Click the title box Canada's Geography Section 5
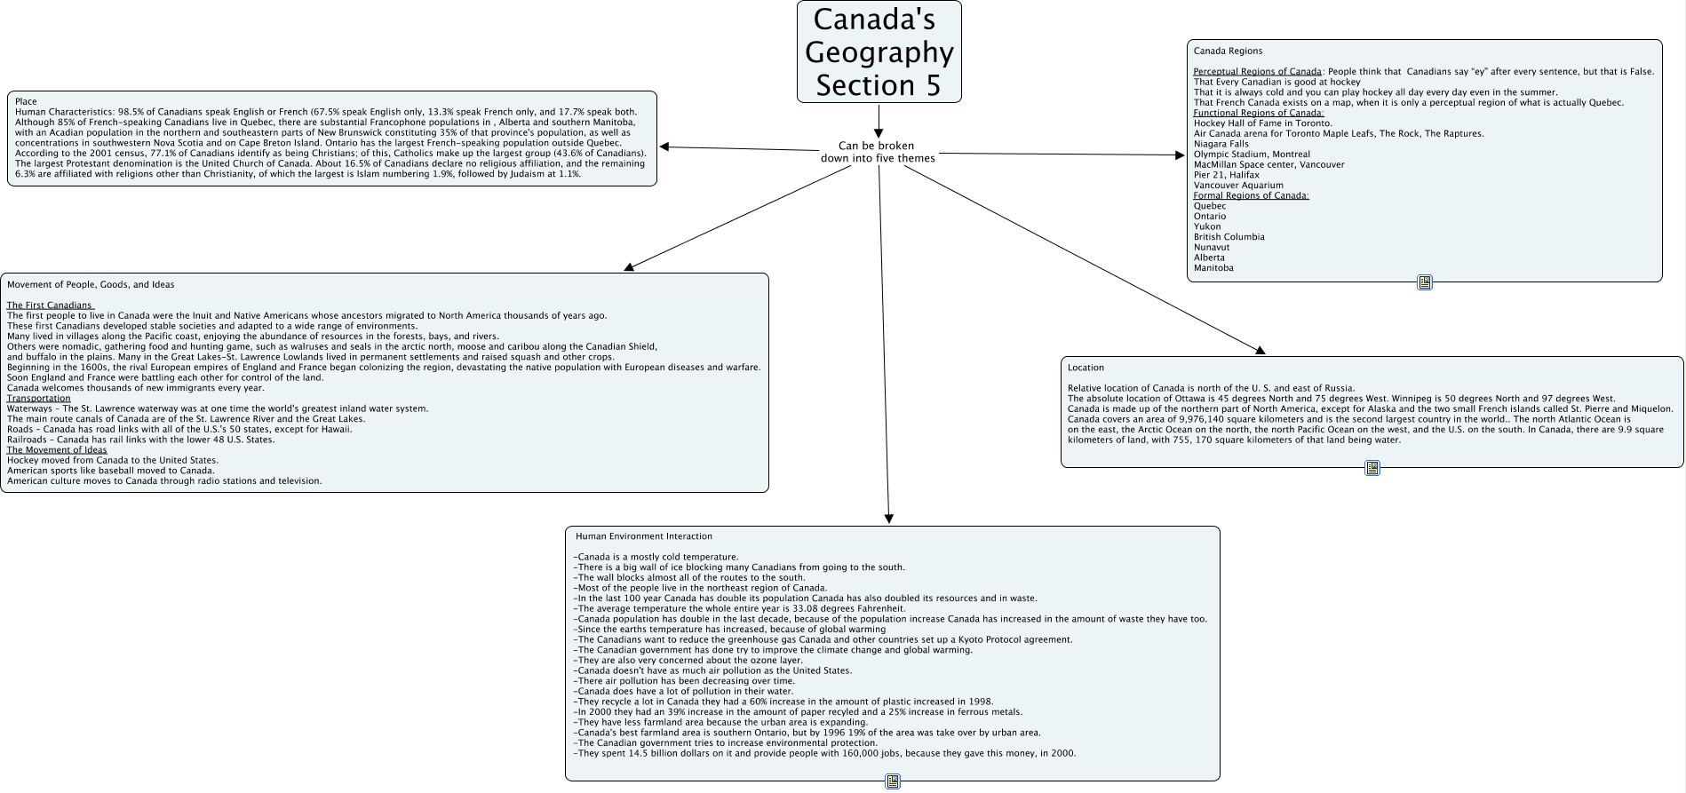(x=879, y=52)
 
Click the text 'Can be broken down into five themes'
(x=877, y=152)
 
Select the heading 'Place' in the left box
(x=26, y=102)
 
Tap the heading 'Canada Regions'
(x=1228, y=51)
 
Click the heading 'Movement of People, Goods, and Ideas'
(x=91, y=285)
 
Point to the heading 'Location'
(x=1086, y=368)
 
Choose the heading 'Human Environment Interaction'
(x=643, y=536)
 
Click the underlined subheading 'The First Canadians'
(x=50, y=305)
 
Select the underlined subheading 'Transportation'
(x=38, y=399)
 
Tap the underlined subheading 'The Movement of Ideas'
(x=57, y=450)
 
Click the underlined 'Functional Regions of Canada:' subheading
(x=1258, y=113)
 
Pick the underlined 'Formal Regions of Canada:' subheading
(x=1251, y=195)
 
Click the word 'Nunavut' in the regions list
(x=1212, y=248)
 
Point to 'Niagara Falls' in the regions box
(x=1221, y=144)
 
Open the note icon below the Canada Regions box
(x=1425, y=282)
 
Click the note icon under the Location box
(x=1372, y=468)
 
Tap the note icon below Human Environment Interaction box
(x=893, y=781)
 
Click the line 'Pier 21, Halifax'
(x=1226, y=175)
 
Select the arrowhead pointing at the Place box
(x=664, y=147)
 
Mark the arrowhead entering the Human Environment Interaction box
(x=888, y=519)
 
